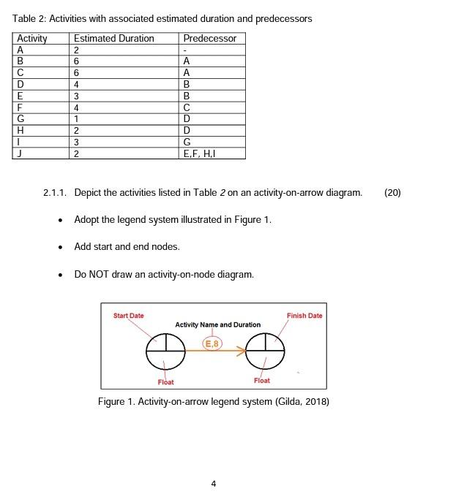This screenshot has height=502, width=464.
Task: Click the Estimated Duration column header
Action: pyautogui.click(x=114, y=38)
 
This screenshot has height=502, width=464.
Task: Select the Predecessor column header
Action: pyautogui.click(x=209, y=38)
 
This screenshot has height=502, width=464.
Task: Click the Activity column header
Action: pyautogui.click(x=31, y=38)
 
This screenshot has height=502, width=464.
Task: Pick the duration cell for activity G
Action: pyautogui.click(x=77, y=118)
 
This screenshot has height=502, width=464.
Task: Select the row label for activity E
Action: pyautogui.click(x=20, y=95)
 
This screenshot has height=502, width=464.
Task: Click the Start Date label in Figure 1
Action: pyautogui.click(x=129, y=316)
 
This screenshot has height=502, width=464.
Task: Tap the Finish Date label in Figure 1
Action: pyautogui.click(x=304, y=316)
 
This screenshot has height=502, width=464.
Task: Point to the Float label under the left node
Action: pyautogui.click(x=165, y=381)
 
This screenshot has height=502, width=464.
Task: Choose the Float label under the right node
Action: pyautogui.click(x=261, y=380)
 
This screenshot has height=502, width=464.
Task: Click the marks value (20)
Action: pyautogui.click(x=392, y=193)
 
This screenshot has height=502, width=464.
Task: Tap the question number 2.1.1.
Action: pyautogui.click(x=56, y=193)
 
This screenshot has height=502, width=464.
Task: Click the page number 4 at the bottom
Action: pyautogui.click(x=213, y=483)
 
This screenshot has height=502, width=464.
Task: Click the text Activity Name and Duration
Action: pyautogui.click(x=217, y=324)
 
